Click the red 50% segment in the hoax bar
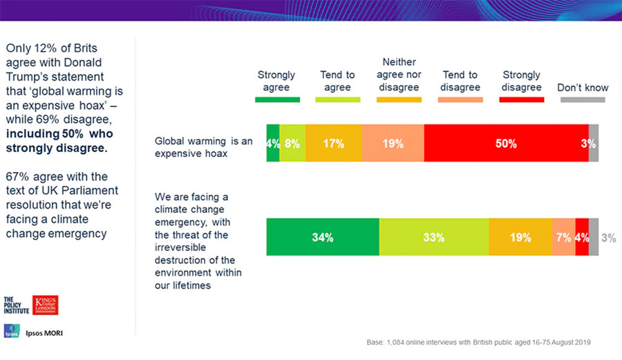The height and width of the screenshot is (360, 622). [x=506, y=144]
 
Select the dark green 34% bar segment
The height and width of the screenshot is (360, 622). [x=323, y=237]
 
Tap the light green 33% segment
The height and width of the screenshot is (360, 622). [x=434, y=237]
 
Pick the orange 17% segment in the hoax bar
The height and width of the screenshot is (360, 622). [x=333, y=144]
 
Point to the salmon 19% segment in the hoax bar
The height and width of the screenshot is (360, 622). [x=393, y=144]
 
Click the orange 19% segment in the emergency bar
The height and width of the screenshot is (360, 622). [x=520, y=237]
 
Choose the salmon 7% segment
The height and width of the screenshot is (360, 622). [x=563, y=237]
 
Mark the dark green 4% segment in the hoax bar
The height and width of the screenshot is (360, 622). [x=273, y=144]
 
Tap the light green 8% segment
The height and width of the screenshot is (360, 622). [x=292, y=144]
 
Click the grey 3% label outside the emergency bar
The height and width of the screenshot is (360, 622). [x=608, y=238]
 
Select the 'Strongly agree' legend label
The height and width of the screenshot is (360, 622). [x=276, y=81]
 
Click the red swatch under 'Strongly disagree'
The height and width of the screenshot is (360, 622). [x=521, y=100]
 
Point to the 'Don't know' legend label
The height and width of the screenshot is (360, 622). [x=583, y=88]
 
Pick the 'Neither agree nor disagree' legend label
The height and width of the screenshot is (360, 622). [x=399, y=75]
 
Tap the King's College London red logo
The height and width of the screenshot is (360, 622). [x=46, y=305]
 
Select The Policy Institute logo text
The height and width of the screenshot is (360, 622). [x=17, y=305]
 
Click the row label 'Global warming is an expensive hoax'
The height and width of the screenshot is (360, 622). [x=203, y=148]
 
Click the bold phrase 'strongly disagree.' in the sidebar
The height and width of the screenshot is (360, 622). [x=55, y=148]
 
